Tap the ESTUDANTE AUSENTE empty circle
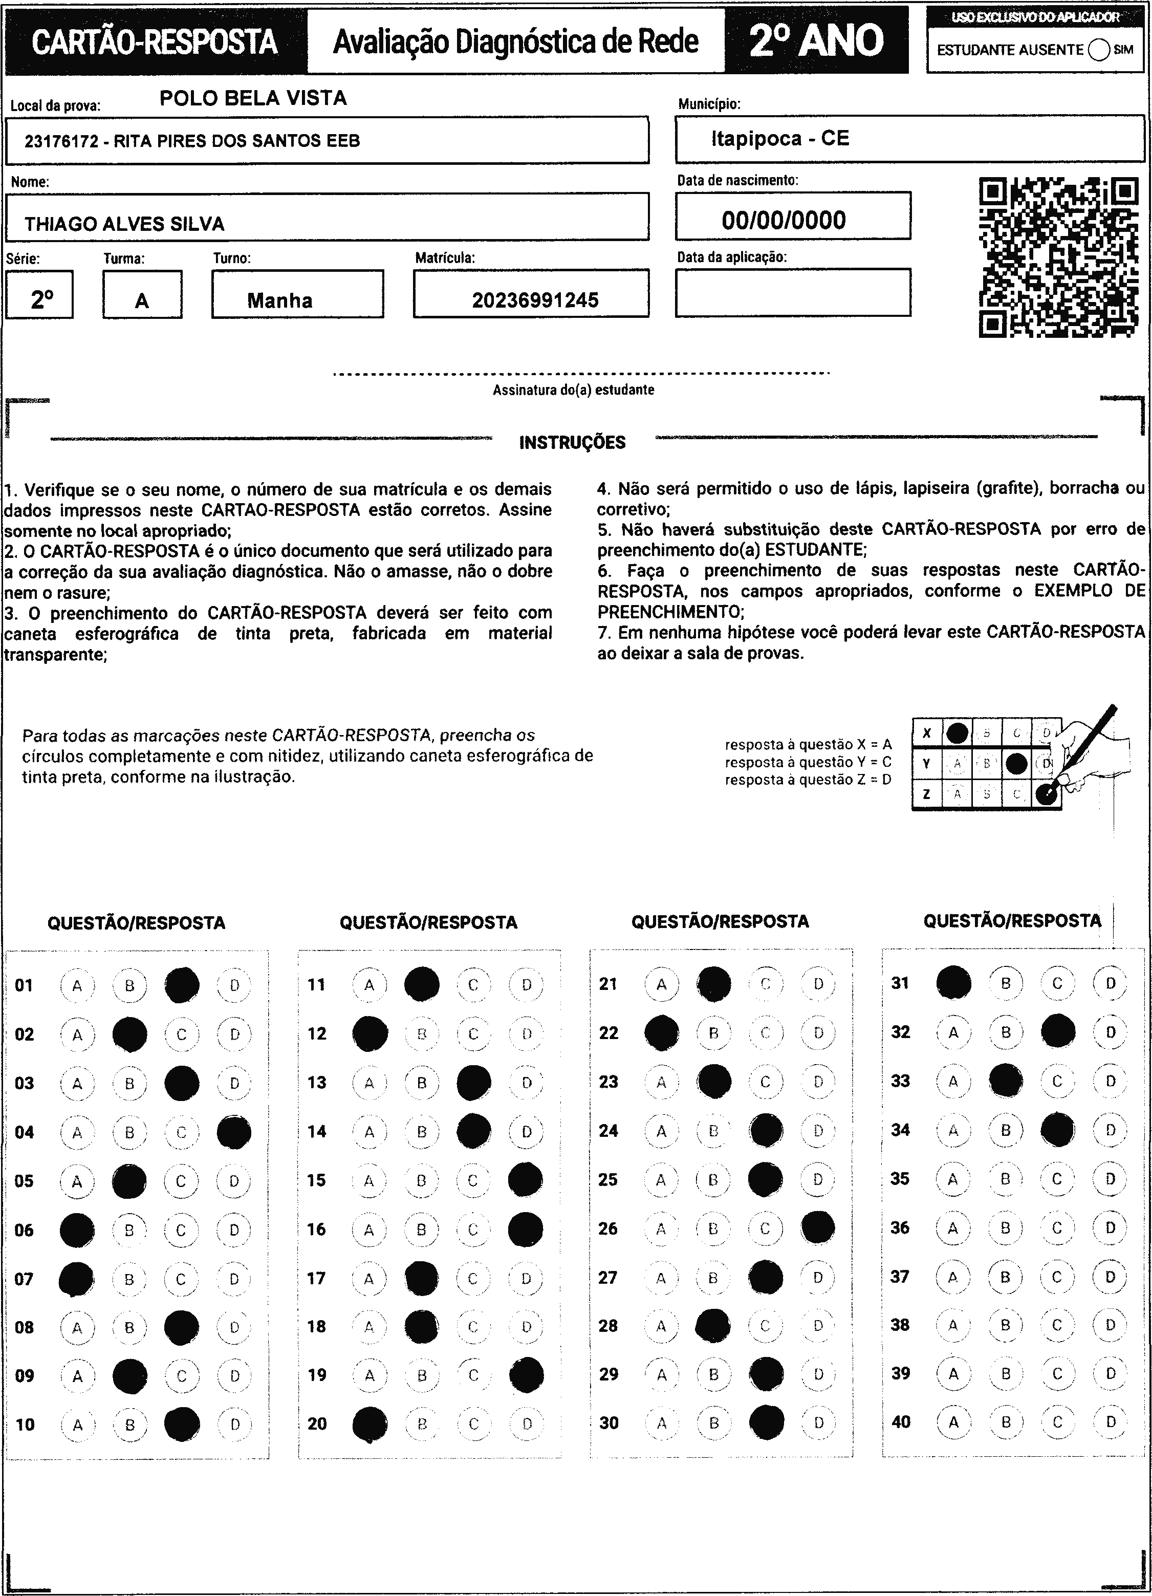[x=1098, y=50]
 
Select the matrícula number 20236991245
[x=535, y=300]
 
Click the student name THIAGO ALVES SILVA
[x=124, y=224]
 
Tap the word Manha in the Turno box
[x=279, y=300]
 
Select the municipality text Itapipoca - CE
[x=780, y=139]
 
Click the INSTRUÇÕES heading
[x=572, y=443]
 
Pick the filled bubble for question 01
[x=182, y=985]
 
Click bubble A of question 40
[x=953, y=1422]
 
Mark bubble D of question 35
[x=1110, y=1179]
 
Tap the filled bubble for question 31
[x=953, y=983]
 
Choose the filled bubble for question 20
[x=369, y=1425]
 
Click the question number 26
[x=608, y=1228]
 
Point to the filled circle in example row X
[x=957, y=734]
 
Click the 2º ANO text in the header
[x=816, y=41]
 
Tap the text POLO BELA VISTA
[x=253, y=98]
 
